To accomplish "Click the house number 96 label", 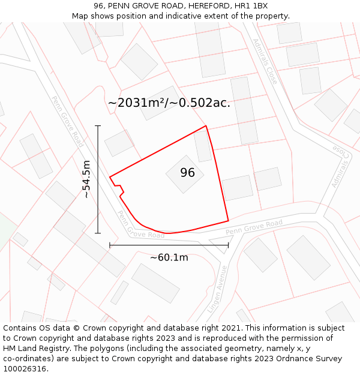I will click(187, 173).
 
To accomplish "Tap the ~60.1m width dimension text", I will click(169, 257).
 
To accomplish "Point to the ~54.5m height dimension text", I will click(86, 179).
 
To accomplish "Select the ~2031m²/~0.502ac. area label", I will click(169, 103).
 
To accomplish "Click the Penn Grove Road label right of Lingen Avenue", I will click(254, 228).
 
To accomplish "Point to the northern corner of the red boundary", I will click(206, 126).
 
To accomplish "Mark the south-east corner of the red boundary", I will click(229, 220).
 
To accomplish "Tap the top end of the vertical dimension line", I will click(98, 126).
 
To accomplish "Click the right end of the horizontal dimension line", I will click(229, 245).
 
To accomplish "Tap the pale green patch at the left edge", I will click(5, 231).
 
